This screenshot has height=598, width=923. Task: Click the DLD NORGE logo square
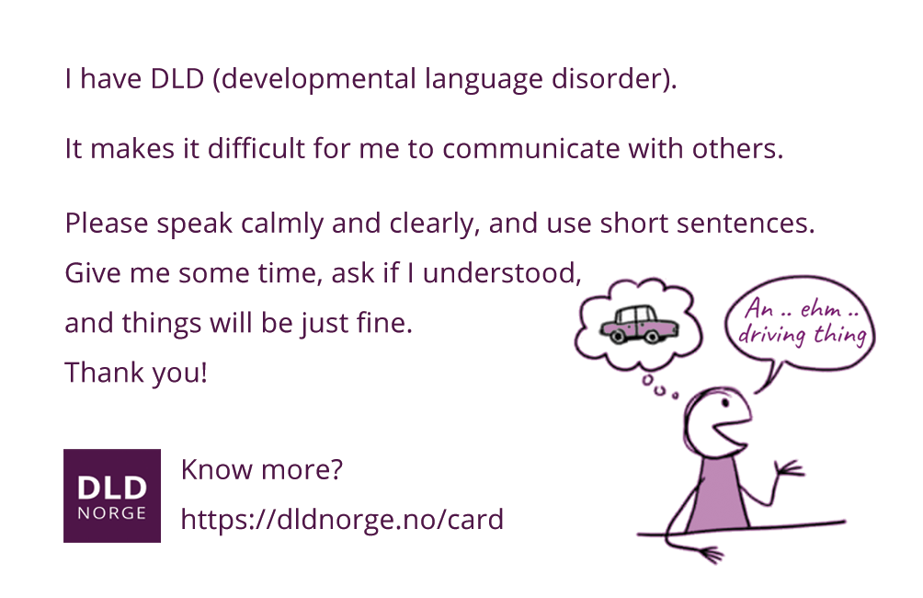point(111,495)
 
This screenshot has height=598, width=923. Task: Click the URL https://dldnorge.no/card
point(342,520)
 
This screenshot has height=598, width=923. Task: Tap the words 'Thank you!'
point(136,374)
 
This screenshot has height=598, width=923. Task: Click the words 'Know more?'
point(261,470)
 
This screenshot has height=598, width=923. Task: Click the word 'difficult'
point(253,149)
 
